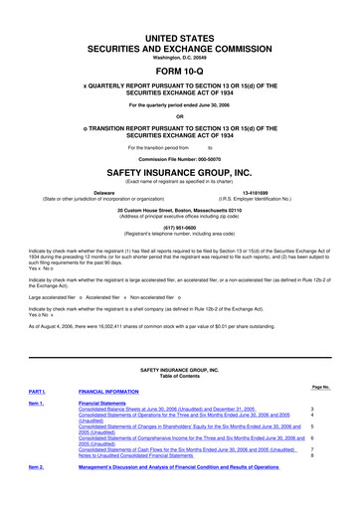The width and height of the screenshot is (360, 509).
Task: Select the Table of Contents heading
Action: point(180,374)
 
